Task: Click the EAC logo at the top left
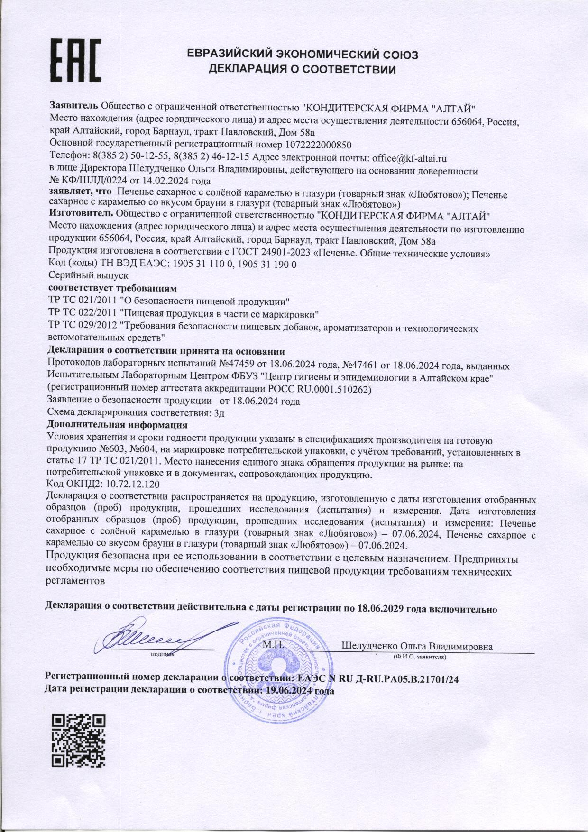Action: click(x=76, y=61)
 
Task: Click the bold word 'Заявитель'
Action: click(x=74, y=105)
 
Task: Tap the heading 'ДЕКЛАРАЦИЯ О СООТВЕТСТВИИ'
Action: click(x=303, y=70)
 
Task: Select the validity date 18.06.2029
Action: click(x=379, y=609)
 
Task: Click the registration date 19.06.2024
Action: click(x=289, y=691)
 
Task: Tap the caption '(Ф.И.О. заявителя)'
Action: click(x=419, y=657)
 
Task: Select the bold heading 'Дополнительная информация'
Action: click(x=118, y=424)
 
